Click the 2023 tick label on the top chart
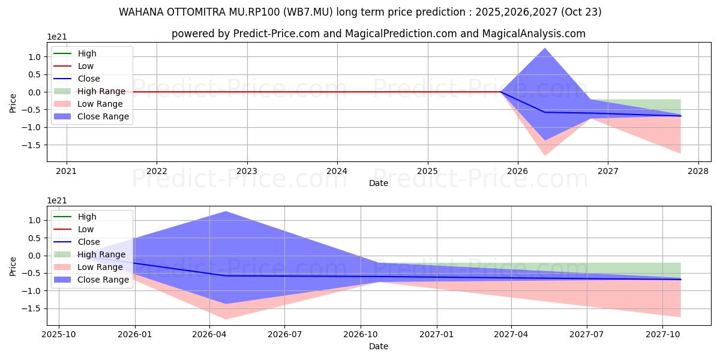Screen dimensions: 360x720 tap(247, 170)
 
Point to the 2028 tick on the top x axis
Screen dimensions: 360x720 tap(698, 170)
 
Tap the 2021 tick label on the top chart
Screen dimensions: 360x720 tap(66, 170)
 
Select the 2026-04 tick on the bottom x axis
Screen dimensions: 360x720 tap(209, 333)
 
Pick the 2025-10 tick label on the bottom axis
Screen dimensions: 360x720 tap(59, 333)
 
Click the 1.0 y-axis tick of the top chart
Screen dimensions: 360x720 tap(34, 57)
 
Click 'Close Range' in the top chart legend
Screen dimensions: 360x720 tap(103, 116)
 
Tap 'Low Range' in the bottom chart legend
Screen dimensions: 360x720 tap(100, 267)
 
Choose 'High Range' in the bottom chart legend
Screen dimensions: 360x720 tap(101, 254)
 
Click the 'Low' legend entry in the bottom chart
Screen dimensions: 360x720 tap(86, 229)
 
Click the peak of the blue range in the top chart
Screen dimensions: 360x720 tap(545, 49)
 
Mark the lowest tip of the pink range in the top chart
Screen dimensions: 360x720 tap(545, 155)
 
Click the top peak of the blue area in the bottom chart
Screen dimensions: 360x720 tap(226, 212)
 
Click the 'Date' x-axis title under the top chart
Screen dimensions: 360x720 tap(379, 183)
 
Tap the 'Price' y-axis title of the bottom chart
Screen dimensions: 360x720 tap(13, 266)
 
